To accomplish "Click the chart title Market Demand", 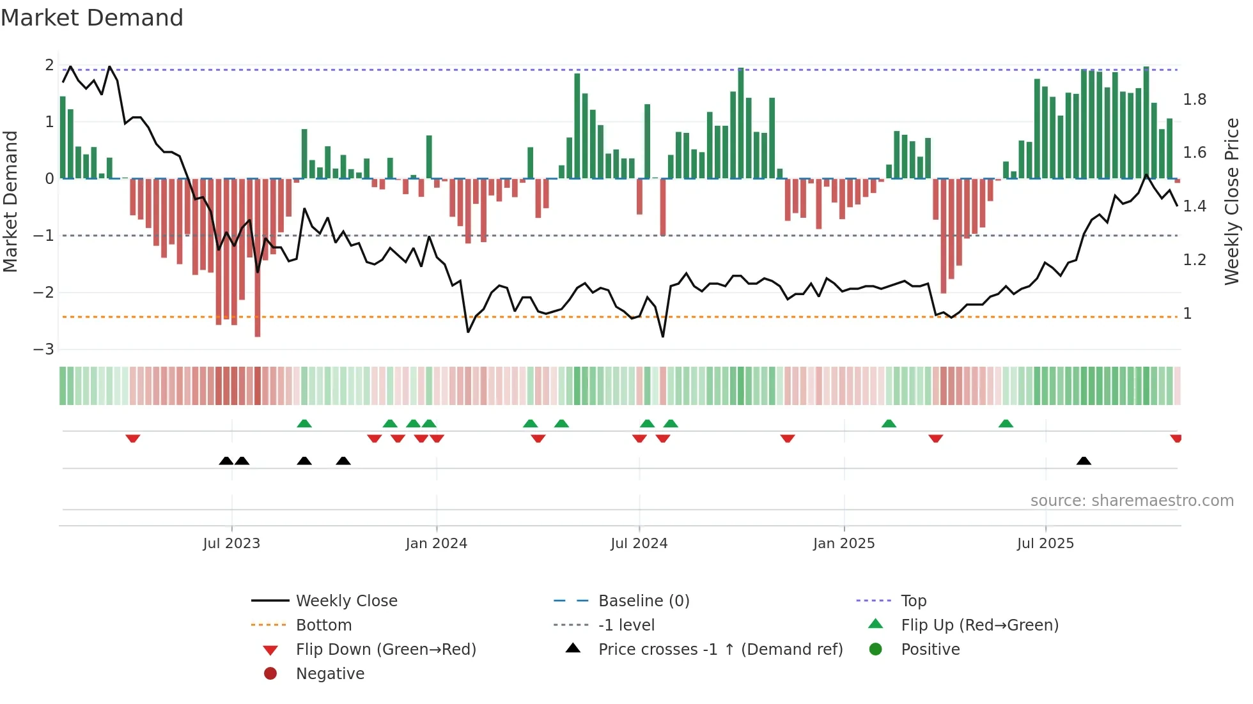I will click(92, 18).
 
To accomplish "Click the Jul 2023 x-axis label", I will click(231, 544).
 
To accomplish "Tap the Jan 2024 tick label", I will click(436, 544).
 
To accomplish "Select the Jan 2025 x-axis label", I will click(844, 544).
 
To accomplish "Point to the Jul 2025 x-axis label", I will click(1045, 544).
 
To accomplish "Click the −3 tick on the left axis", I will click(43, 349).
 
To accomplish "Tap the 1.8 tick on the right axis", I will click(1194, 100).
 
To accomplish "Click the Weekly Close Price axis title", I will click(1231, 201).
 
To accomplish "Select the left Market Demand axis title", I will click(10, 201).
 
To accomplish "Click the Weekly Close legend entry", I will click(346, 601).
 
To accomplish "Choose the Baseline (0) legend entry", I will click(643, 601).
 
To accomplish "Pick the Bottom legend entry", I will click(323, 625).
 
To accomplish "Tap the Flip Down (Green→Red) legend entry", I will click(385, 650).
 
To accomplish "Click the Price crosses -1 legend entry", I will click(720, 650).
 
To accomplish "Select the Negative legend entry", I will click(330, 674).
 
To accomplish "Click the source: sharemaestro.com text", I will click(1132, 501).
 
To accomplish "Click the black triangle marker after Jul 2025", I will click(1084, 461).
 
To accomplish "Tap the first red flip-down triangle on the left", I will click(133, 438).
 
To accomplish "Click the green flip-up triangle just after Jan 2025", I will click(889, 424).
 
